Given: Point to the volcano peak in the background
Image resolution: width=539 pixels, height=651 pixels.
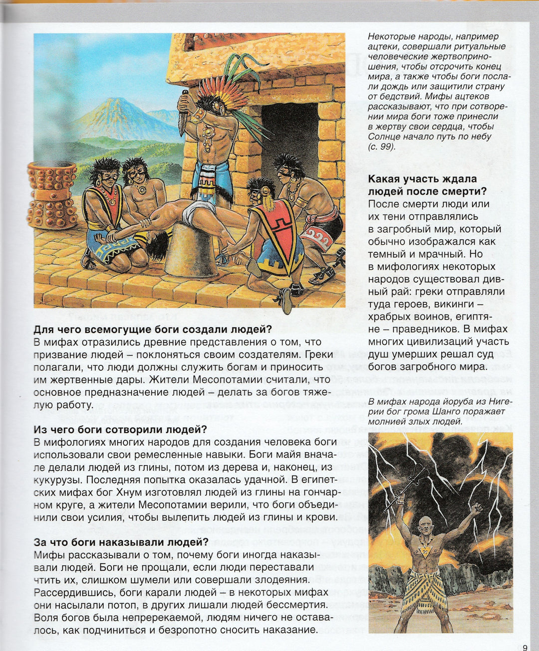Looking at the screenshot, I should coord(118,102).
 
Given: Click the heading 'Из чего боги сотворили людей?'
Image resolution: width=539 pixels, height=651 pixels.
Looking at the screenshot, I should coord(120,430).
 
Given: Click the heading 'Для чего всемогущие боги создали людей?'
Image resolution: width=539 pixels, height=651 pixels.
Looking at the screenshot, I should coord(153,329).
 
